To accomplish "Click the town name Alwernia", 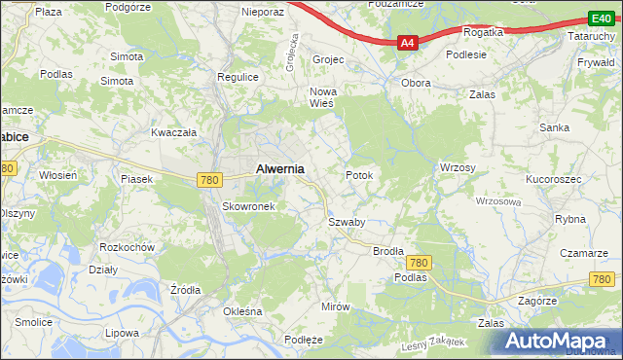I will pos(279,168).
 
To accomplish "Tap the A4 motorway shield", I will pos(408,43).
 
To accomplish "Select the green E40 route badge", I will pos(600,18).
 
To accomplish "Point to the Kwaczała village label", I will pos(174,131).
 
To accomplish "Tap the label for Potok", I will pos(359,175).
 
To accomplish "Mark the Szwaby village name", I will pos(346,222).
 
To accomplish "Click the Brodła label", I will pos(388,250).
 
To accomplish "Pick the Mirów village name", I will pos(335,306).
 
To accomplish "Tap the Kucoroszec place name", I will pos(553,181).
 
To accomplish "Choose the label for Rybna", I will pos(569,219).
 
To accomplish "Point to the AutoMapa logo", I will pos(559,342).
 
